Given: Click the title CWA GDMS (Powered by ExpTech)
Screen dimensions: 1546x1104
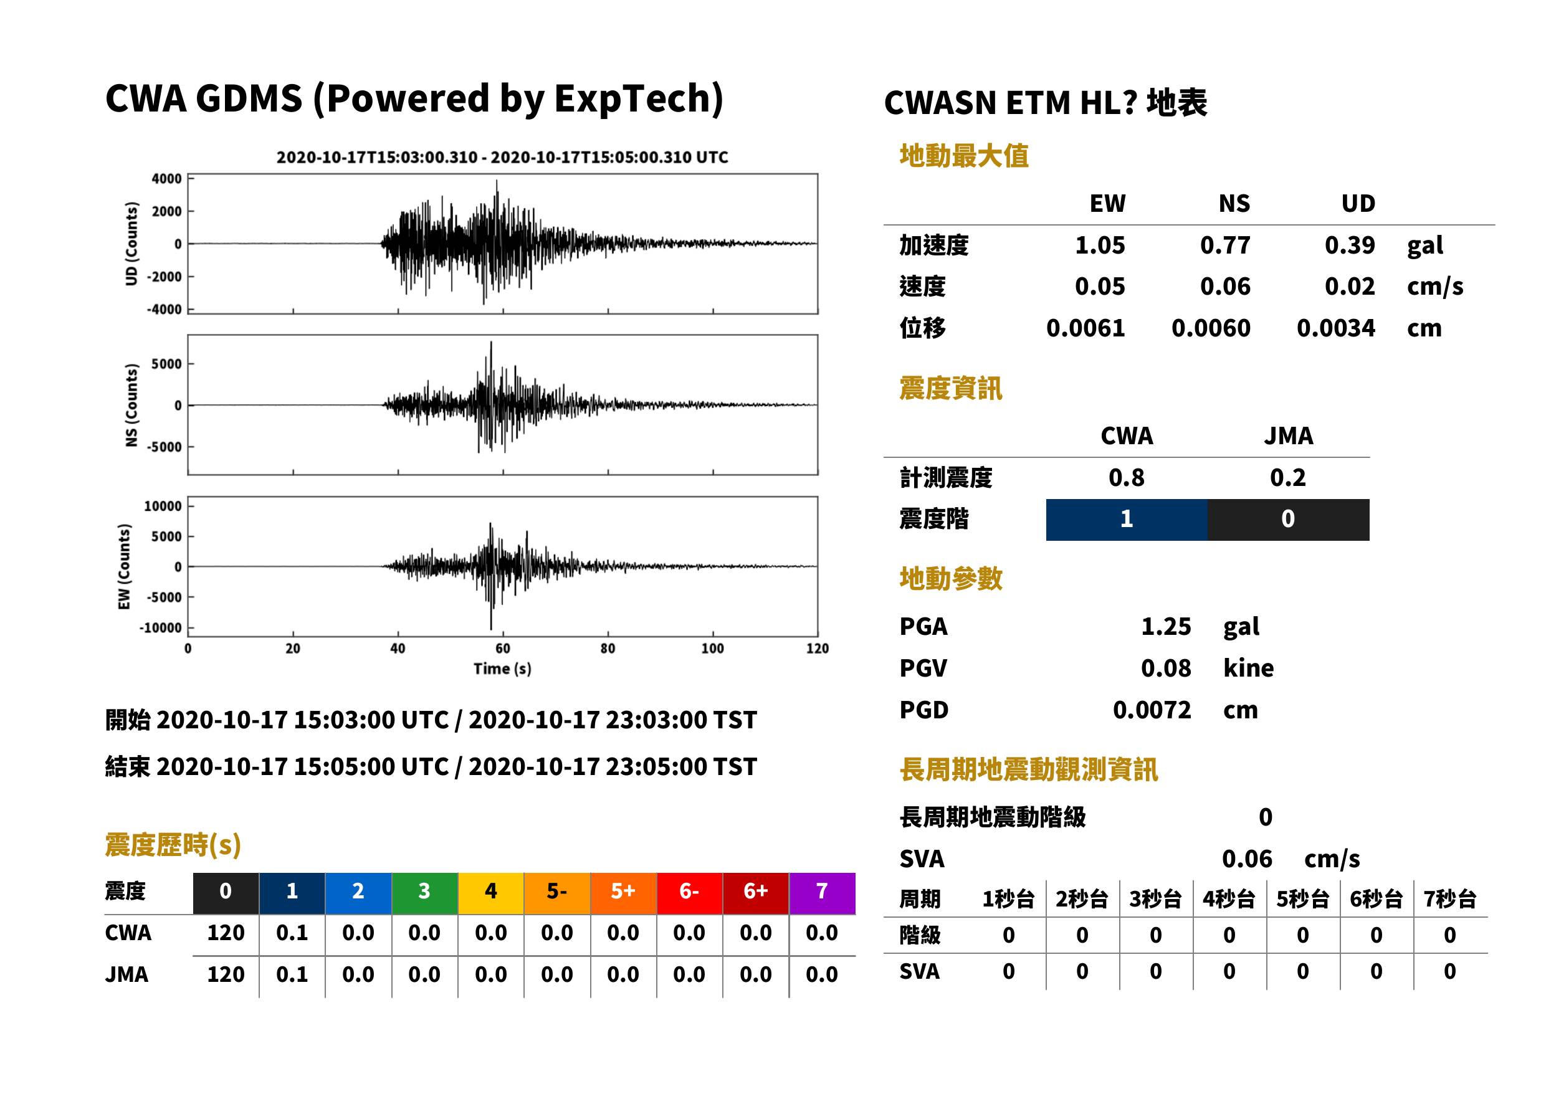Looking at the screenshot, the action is tap(414, 99).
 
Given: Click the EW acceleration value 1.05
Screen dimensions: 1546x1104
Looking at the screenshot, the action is tap(1099, 245).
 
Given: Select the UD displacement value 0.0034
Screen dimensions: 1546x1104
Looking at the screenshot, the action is tap(1335, 328).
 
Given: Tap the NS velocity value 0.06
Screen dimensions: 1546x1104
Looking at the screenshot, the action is tap(1225, 287).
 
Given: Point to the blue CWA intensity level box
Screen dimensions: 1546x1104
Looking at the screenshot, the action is tap(1127, 520).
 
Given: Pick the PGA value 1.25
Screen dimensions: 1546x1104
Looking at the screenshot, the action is tap(1166, 627).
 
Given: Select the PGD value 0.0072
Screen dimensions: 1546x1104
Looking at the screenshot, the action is tap(1152, 710).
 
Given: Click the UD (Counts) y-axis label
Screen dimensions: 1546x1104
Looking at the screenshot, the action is tap(131, 244).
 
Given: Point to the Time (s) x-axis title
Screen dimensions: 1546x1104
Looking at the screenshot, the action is tap(502, 669).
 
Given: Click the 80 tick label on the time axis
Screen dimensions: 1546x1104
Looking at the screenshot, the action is tap(608, 649).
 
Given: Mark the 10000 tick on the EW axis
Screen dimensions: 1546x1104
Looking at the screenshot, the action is tap(163, 507).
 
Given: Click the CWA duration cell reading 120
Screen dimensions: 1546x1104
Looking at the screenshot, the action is tap(226, 933).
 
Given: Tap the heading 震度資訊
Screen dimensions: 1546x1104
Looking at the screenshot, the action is tap(950, 389).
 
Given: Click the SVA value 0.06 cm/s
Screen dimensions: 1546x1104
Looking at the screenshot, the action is tap(1291, 859).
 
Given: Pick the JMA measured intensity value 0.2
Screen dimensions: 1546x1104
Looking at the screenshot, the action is tap(1287, 478).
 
